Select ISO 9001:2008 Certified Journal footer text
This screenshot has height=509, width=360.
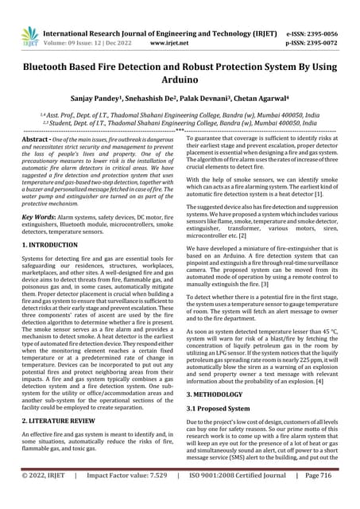pyautogui.click(x=234, y=496)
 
